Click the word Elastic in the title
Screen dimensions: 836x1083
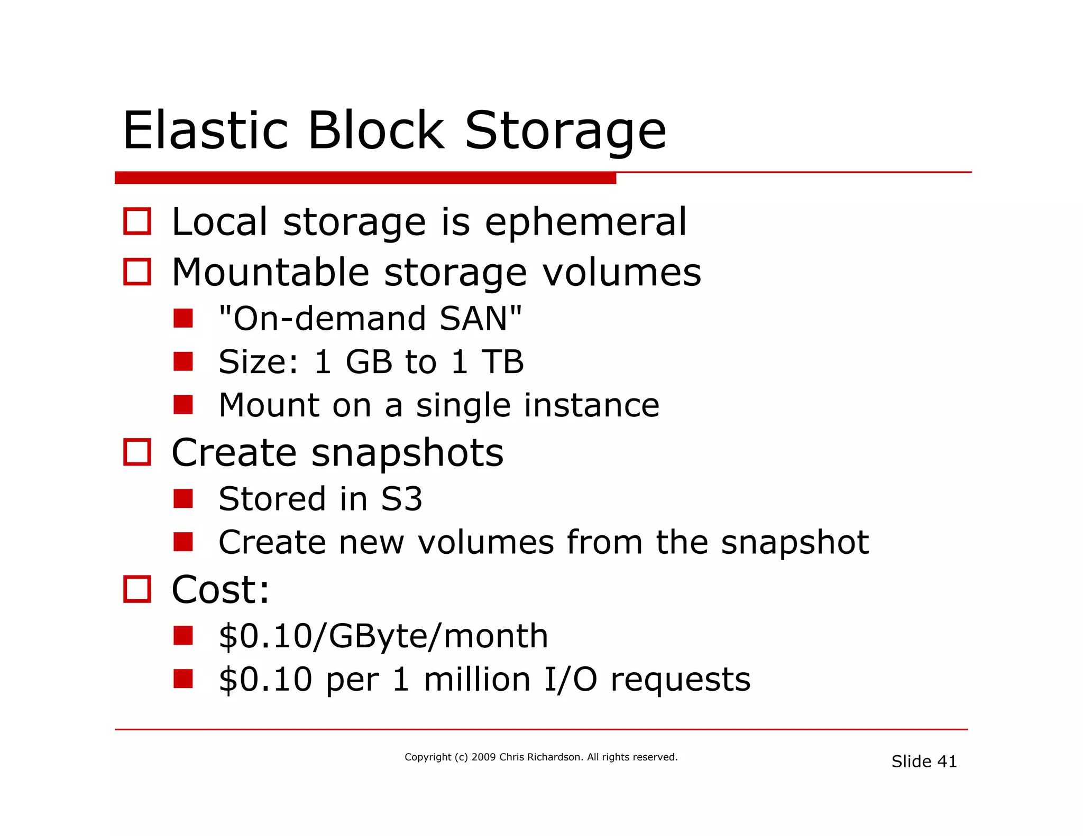point(205,131)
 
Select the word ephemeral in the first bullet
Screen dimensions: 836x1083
point(585,222)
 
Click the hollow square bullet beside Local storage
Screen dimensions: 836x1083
point(137,221)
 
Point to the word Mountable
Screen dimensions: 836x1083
point(270,272)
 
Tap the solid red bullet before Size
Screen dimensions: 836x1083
point(183,362)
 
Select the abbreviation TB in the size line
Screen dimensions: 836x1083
point(502,362)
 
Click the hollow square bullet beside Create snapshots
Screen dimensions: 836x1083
point(137,452)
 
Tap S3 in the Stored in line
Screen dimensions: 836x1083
point(401,499)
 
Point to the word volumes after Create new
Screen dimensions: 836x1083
point(485,542)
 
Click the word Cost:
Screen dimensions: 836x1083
point(221,589)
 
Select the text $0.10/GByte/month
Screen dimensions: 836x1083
point(383,636)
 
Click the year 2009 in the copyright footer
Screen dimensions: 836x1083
point(483,757)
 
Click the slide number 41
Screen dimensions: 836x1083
point(947,761)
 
